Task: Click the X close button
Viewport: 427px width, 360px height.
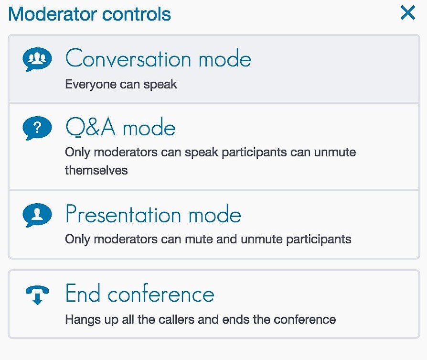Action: pos(408,13)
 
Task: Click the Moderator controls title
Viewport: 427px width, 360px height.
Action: pos(90,14)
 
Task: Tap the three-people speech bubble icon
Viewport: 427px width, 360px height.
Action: pos(37,59)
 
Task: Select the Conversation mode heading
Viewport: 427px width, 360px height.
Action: pos(158,58)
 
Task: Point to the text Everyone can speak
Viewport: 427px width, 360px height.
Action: pos(121,84)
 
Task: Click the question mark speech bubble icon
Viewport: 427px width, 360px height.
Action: pos(37,128)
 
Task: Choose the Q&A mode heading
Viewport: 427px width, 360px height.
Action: pos(121,127)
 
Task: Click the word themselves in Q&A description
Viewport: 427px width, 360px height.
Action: pos(96,170)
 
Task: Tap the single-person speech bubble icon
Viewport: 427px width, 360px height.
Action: pos(37,215)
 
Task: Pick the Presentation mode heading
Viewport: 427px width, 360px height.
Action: pos(153,214)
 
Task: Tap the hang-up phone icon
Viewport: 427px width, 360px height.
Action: pos(37,295)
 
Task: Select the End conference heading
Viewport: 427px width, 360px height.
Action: pos(140,293)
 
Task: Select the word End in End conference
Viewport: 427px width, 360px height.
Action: pos(83,293)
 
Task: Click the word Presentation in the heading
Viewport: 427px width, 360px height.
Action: pos(123,214)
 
